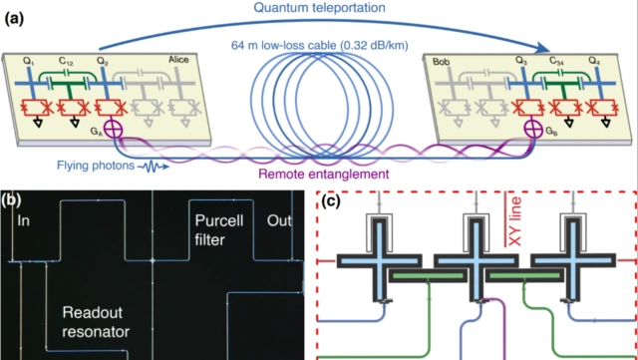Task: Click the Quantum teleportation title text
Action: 320,7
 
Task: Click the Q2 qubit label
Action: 103,62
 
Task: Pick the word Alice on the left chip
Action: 178,60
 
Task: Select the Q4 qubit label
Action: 596,62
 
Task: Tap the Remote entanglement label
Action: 324,175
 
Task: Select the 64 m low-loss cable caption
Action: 319,46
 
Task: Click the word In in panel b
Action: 24,220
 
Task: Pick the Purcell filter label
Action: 219,230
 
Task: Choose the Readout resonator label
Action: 96,322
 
